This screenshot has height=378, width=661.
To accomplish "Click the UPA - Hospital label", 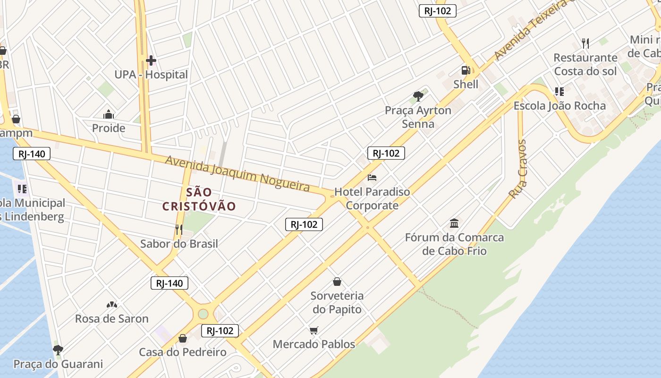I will pyautogui.click(x=151, y=75).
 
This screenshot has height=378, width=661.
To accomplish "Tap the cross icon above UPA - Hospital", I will pyautogui.click(x=151, y=60).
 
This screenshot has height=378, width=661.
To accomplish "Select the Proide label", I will pyautogui.click(x=109, y=128).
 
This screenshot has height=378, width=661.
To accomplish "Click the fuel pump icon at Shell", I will pyautogui.click(x=466, y=70).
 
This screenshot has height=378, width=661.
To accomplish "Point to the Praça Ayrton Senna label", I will pyautogui.click(x=418, y=117).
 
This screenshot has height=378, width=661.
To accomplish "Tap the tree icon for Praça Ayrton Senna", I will pyautogui.click(x=418, y=96).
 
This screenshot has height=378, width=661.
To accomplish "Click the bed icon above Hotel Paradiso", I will pyautogui.click(x=372, y=178).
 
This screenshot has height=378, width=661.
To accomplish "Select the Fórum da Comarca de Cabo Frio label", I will pyautogui.click(x=454, y=244).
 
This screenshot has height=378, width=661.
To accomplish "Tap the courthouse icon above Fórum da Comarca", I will pyautogui.click(x=454, y=223).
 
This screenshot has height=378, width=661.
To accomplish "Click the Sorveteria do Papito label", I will pyautogui.click(x=337, y=302).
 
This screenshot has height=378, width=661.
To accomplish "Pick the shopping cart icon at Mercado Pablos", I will pyautogui.click(x=314, y=330).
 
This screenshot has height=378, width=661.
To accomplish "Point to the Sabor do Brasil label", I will pyautogui.click(x=179, y=244).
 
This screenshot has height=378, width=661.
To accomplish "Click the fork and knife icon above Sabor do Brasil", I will pyautogui.click(x=179, y=230).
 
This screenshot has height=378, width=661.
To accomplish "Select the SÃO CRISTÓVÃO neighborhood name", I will pyautogui.click(x=199, y=199).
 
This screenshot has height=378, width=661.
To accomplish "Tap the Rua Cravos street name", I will pyautogui.click(x=518, y=169).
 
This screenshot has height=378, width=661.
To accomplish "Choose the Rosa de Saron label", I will pyautogui.click(x=112, y=318).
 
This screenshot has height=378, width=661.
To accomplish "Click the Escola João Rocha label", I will pyautogui.click(x=559, y=106).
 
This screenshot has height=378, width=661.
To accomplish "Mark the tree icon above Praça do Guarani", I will pyautogui.click(x=58, y=350).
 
